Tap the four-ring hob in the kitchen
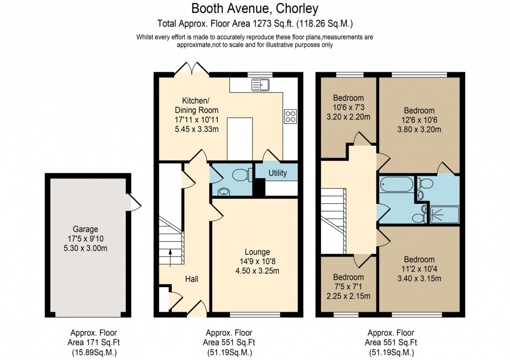tap(290, 117)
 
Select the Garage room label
tap(85, 229)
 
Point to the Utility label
tap(277, 173)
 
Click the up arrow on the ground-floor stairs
tap(171, 255)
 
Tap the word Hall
tap(192, 279)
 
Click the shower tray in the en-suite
tap(444, 215)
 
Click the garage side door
tap(134, 202)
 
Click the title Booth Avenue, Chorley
tap(255, 9)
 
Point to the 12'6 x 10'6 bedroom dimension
tap(419, 120)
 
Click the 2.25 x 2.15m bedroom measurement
tap(348, 297)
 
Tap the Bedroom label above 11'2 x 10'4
tap(419, 260)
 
